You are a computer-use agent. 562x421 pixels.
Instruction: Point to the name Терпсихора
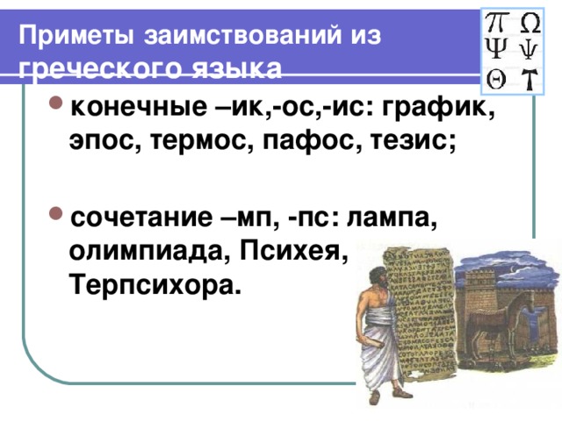(153, 285)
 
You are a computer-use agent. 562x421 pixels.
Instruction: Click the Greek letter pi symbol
(496, 21)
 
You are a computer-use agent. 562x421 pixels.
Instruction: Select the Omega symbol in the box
(530, 21)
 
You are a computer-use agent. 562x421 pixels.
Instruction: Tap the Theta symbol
(495, 78)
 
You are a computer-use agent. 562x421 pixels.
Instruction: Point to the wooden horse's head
(525, 303)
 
